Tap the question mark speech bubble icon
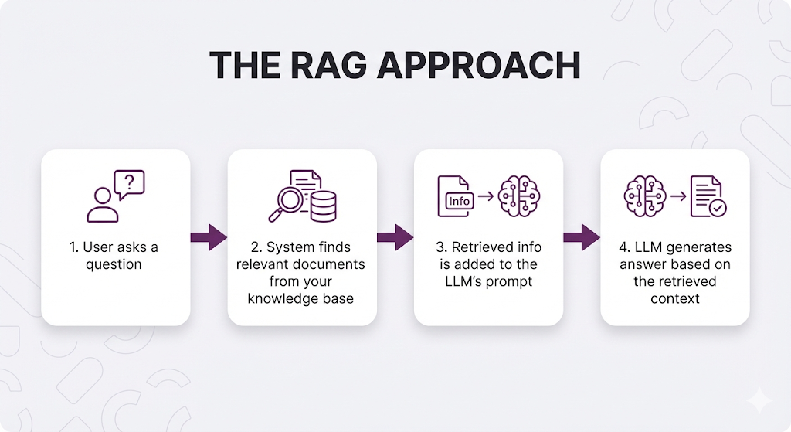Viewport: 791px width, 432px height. tap(129, 184)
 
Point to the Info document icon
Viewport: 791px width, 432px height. tap(456, 196)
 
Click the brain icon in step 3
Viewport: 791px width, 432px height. tap(519, 196)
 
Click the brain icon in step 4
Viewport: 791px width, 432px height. tap(643, 196)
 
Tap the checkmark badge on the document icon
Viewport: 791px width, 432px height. tap(719, 207)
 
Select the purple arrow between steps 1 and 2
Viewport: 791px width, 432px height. tap(208, 237)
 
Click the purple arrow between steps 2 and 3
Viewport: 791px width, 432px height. tap(395, 237)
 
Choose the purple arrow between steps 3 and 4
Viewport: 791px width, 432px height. tap(582, 237)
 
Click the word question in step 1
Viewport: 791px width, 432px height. tap(114, 264)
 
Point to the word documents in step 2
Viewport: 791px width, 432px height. tap(331, 264)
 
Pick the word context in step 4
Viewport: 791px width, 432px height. tap(674, 298)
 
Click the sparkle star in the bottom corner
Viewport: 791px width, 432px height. tap(759, 400)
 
